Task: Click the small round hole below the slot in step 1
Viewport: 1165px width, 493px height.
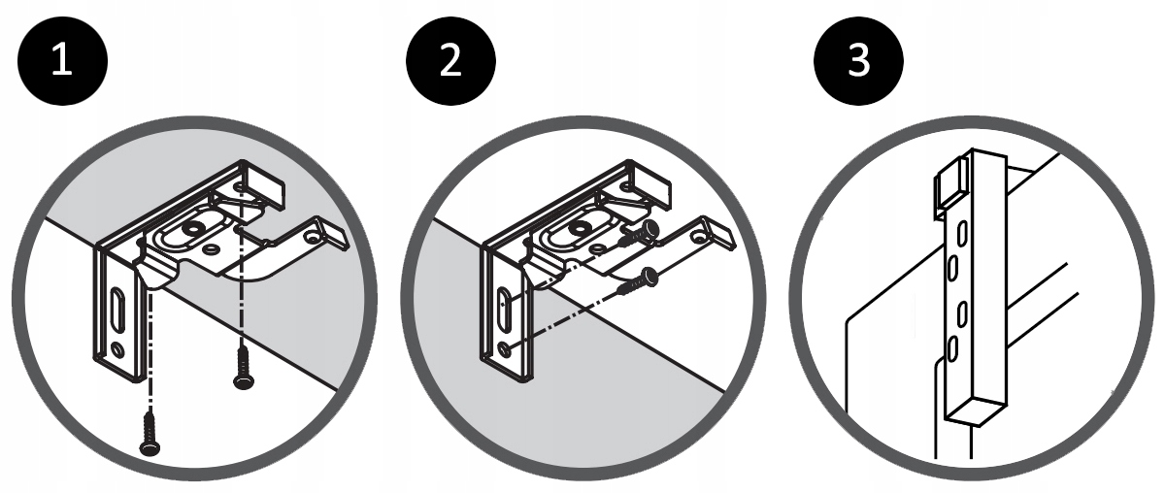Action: [x=117, y=347]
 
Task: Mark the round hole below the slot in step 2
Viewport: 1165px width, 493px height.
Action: [x=503, y=346]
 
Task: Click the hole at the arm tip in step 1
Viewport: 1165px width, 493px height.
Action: [x=313, y=235]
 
